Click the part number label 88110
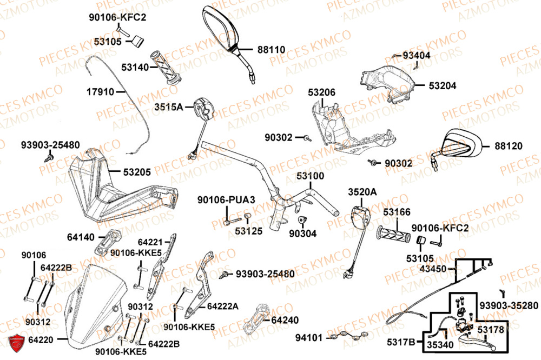tap(270, 50)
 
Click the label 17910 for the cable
tap(101, 92)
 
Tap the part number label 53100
tap(310, 177)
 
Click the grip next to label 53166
tap(394, 235)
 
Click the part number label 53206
tap(322, 92)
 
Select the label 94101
tap(309, 338)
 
